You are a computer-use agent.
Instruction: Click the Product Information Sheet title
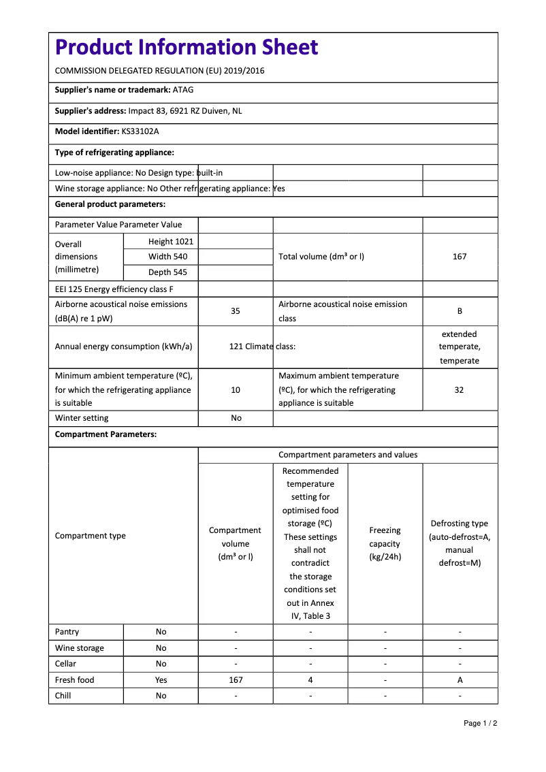[187, 48]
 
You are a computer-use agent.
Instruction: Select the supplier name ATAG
[183, 90]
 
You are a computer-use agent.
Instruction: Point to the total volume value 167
[460, 257]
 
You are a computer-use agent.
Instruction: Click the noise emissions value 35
[236, 311]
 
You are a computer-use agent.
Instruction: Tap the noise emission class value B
[460, 311]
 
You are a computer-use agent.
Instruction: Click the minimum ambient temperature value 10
[236, 390]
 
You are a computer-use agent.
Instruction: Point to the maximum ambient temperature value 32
[460, 390]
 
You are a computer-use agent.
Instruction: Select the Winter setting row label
[82, 418]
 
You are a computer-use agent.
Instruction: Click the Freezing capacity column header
[385, 543]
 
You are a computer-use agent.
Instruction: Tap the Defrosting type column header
[460, 543]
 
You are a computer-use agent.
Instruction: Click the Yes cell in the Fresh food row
[161, 680]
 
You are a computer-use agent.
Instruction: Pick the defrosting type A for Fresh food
[460, 680]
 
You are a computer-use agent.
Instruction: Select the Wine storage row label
[80, 648]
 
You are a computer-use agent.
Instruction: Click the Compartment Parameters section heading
[106, 434]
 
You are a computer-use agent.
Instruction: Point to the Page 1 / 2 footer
[480, 724]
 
